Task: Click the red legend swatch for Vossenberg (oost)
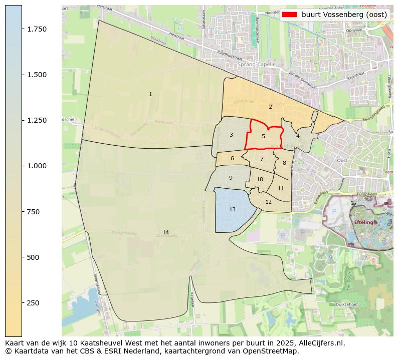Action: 290,15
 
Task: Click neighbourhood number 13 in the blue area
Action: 232,209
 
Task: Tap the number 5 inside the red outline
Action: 263,136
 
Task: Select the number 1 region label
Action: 150,94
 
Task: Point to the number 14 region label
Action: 165,232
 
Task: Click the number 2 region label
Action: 270,107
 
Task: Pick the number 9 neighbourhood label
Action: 231,178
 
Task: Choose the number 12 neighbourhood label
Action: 268,202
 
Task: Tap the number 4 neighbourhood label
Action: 298,136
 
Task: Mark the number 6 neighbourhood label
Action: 232,159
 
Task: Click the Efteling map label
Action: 364,222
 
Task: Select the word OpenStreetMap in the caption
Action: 273,351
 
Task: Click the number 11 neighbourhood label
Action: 281,188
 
